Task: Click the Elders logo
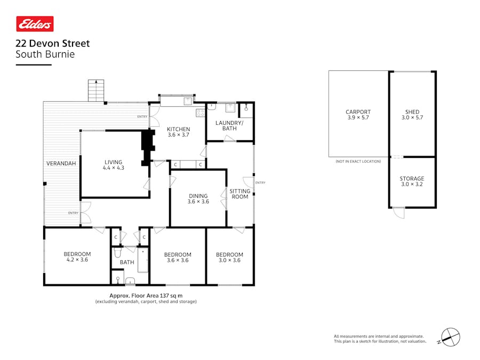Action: point(35,24)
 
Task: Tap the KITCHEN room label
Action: point(179,129)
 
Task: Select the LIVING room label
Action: point(113,162)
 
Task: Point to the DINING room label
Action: point(198,196)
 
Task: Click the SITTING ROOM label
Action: point(240,194)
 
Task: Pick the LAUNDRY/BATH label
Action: point(229,125)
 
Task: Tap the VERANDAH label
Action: point(61,164)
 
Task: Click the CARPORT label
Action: point(358,112)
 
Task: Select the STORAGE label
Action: point(412,179)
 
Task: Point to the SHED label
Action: point(412,112)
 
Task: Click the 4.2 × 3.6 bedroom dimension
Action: point(77,260)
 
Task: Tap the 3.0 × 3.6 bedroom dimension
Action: point(229,260)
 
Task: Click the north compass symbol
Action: point(450,337)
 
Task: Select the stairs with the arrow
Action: point(96,90)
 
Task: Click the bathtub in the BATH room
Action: point(142,260)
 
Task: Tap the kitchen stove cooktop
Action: point(200,113)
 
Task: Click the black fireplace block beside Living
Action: point(148,148)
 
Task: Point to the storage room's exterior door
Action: point(398,213)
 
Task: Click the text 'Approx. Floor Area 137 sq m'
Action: point(146,295)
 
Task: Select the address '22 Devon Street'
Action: point(53,44)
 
